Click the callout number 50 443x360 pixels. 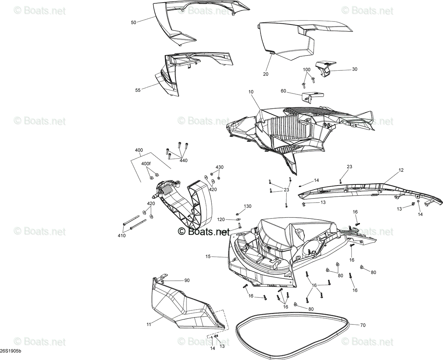click(133, 23)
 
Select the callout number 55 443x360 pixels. click(138, 90)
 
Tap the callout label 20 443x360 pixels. click(265, 74)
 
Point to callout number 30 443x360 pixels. click(354, 69)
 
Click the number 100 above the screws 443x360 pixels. click(307, 70)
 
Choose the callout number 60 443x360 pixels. click(283, 91)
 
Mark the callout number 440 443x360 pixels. click(184, 160)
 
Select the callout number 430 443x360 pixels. click(219, 167)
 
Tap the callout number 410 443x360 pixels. click(122, 236)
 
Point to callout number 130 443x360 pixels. click(248, 206)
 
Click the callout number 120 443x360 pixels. click(221, 219)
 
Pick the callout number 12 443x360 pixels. click(401, 170)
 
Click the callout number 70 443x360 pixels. click(363, 325)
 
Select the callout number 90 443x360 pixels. click(187, 280)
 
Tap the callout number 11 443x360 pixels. click(149, 324)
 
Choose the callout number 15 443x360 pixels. click(208, 257)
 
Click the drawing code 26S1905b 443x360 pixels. click(10, 351)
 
